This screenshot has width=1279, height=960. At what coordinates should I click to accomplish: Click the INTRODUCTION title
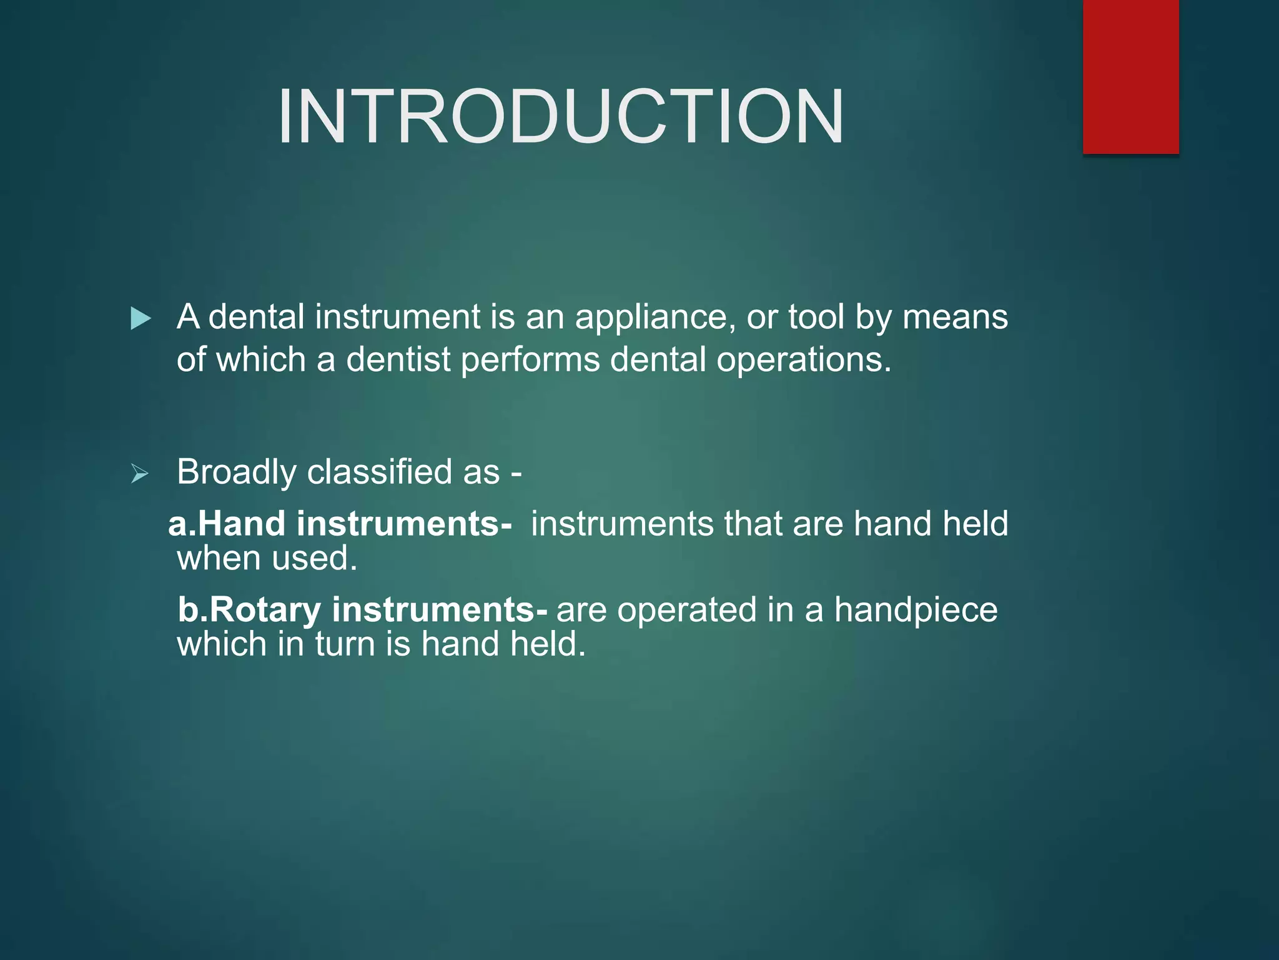(x=560, y=117)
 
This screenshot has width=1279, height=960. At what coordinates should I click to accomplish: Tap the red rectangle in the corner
(x=1130, y=76)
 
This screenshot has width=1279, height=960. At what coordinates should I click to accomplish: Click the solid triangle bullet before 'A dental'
(x=141, y=319)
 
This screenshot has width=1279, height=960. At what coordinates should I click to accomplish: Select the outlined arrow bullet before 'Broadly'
(x=140, y=474)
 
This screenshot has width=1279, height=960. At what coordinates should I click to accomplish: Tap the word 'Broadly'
(x=236, y=472)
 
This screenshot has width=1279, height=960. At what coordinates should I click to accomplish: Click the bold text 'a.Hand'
(x=227, y=524)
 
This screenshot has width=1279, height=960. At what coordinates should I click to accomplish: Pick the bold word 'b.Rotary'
(x=249, y=610)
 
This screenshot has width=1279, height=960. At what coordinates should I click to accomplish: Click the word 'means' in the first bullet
(x=955, y=317)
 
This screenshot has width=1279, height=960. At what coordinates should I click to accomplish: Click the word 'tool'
(x=816, y=317)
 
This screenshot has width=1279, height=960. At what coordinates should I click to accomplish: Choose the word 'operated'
(x=686, y=611)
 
